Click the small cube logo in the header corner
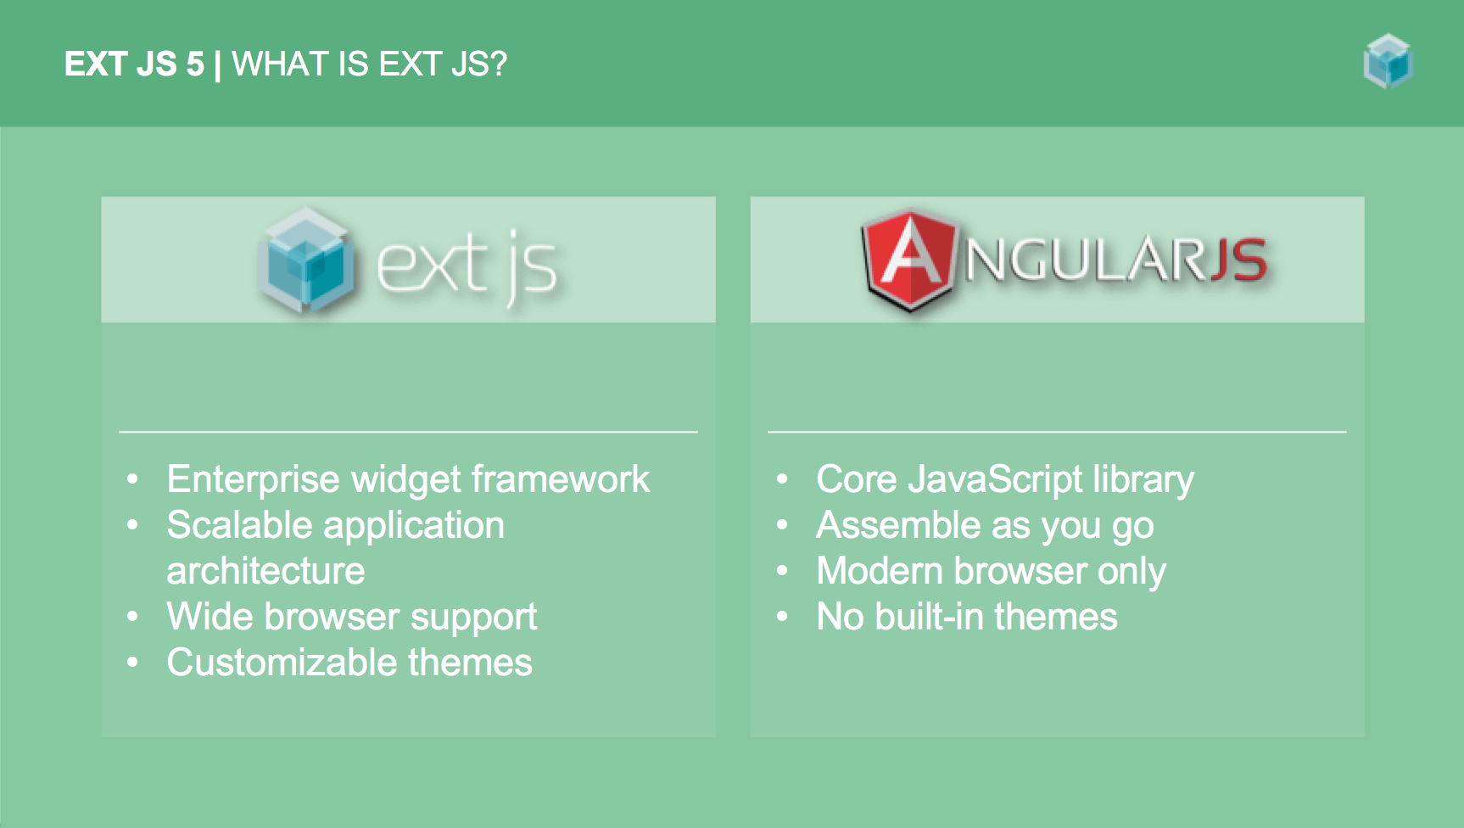point(1388,61)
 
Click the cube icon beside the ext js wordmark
point(306,260)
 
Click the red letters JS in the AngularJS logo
point(1238,260)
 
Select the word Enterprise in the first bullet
point(254,480)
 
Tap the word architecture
point(265,571)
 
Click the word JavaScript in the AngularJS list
point(996,480)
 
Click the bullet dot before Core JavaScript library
point(782,480)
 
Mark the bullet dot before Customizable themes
point(132,663)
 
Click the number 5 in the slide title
point(195,64)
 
